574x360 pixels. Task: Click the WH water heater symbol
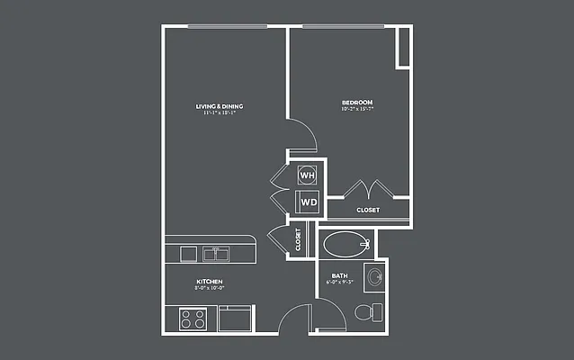pos(307,175)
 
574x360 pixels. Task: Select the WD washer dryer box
pos(308,202)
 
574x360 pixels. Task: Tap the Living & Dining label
pos(220,106)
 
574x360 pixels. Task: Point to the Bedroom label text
pos(357,102)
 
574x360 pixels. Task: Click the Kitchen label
pos(210,282)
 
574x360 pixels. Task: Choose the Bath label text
pos(339,275)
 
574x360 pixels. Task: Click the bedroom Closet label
pos(367,210)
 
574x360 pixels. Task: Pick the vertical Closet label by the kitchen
pos(298,239)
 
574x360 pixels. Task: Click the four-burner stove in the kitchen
pos(193,318)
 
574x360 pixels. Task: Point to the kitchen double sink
pos(215,252)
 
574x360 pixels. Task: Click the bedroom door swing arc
pos(304,135)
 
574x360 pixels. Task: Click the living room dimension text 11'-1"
pos(220,113)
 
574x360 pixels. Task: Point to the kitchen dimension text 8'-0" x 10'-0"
pos(210,289)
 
